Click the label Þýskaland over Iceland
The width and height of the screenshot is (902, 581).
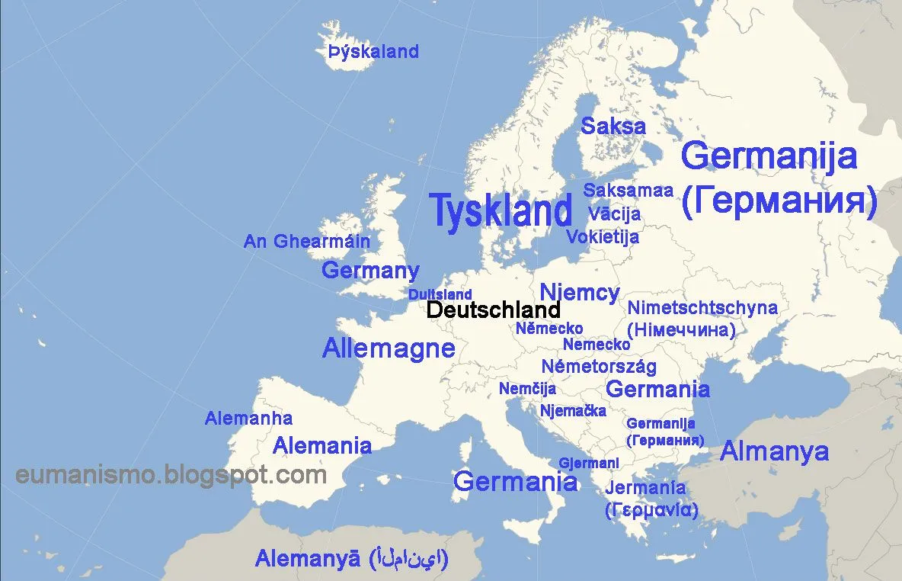(x=373, y=52)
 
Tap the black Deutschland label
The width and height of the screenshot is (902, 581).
(x=493, y=310)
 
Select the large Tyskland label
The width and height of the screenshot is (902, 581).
(x=501, y=210)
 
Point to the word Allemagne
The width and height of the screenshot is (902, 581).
(x=389, y=348)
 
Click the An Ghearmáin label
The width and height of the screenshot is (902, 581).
(x=306, y=242)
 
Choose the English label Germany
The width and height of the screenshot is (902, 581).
(x=370, y=270)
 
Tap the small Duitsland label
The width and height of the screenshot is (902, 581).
(x=440, y=294)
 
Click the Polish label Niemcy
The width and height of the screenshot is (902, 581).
(x=579, y=292)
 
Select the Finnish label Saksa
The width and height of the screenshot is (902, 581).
(x=613, y=127)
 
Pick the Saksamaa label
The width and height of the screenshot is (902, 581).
(x=629, y=190)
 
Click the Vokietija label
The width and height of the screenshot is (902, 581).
(x=602, y=236)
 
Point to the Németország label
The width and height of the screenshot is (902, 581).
(x=599, y=366)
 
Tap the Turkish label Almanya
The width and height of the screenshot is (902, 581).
(x=774, y=451)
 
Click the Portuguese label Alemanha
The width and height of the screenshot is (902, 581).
(x=248, y=418)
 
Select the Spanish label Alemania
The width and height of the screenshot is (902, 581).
(x=322, y=445)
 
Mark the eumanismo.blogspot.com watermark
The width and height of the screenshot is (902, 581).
(x=171, y=475)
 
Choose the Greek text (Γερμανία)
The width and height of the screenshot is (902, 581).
(x=651, y=509)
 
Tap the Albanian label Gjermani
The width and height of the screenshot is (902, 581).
(x=588, y=463)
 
